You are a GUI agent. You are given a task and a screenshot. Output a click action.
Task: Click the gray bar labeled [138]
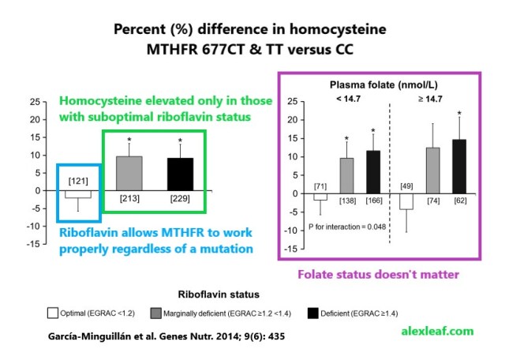pyautogui.click(x=346, y=175)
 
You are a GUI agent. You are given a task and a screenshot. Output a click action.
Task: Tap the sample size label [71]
pyautogui.click(x=320, y=186)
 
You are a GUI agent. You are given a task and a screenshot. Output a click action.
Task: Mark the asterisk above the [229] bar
pyautogui.click(x=180, y=142)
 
